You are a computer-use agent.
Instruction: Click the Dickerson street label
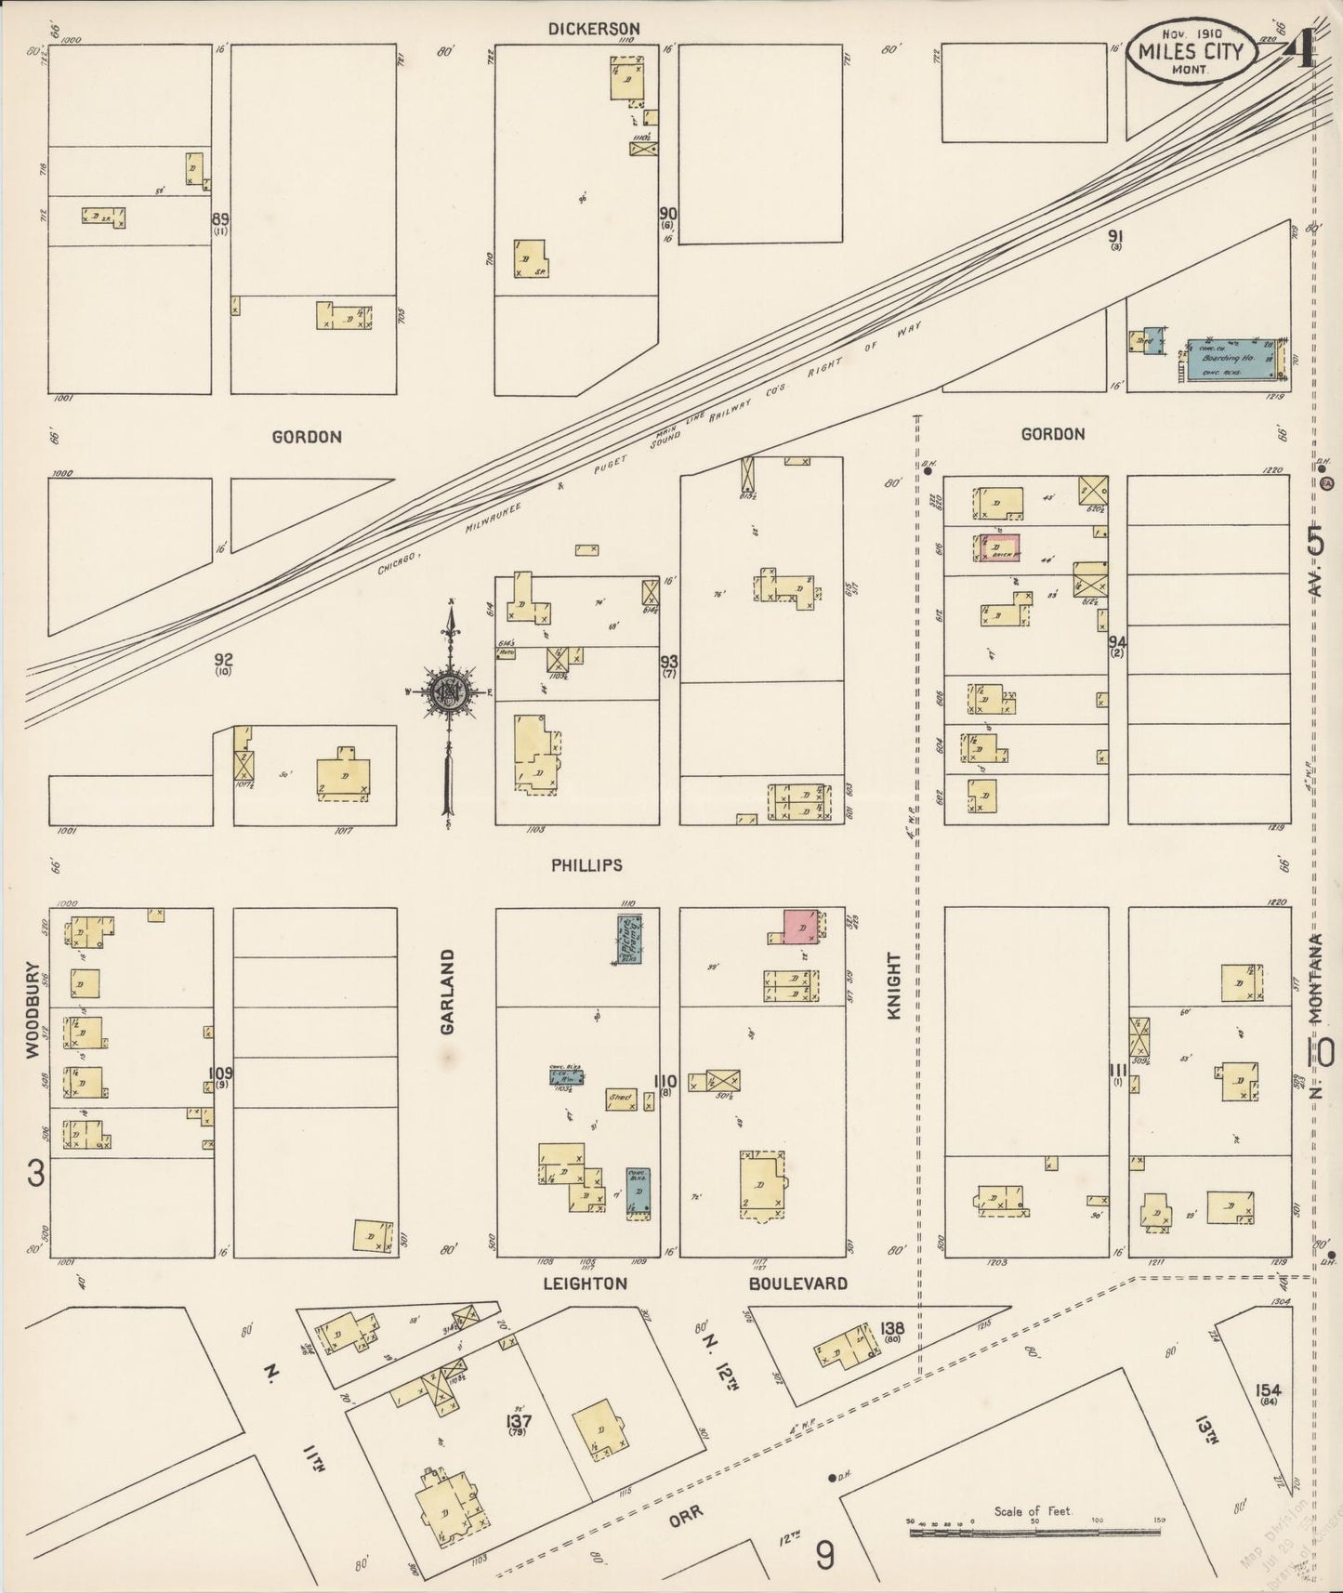point(594,29)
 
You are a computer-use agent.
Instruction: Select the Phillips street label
point(586,865)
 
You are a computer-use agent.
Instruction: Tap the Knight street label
point(894,986)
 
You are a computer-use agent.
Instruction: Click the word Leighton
point(586,1284)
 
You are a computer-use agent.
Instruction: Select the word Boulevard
point(798,1284)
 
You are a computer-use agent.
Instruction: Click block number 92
point(223,660)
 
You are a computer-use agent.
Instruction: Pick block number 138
point(891,1330)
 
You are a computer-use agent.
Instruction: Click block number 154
point(1268,1390)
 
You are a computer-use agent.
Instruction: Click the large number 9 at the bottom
point(824,1555)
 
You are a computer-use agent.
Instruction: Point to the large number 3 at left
point(35,1175)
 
